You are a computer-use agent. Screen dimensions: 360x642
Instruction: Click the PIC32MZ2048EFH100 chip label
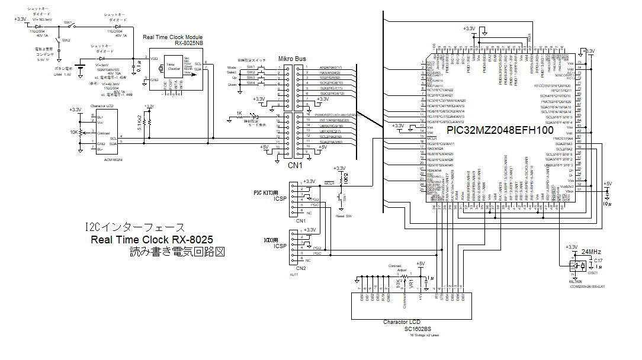tap(500, 128)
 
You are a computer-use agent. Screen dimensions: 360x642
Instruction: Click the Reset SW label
tap(341, 217)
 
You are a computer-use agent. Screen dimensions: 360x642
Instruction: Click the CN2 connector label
tap(301, 268)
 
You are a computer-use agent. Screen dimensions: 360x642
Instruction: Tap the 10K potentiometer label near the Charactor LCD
tap(75, 133)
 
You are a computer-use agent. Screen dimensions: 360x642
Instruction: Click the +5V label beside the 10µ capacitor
tap(607, 184)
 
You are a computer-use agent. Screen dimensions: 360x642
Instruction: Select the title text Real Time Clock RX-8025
tap(152, 240)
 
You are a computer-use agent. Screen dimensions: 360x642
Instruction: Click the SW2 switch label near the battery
tap(66, 40)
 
